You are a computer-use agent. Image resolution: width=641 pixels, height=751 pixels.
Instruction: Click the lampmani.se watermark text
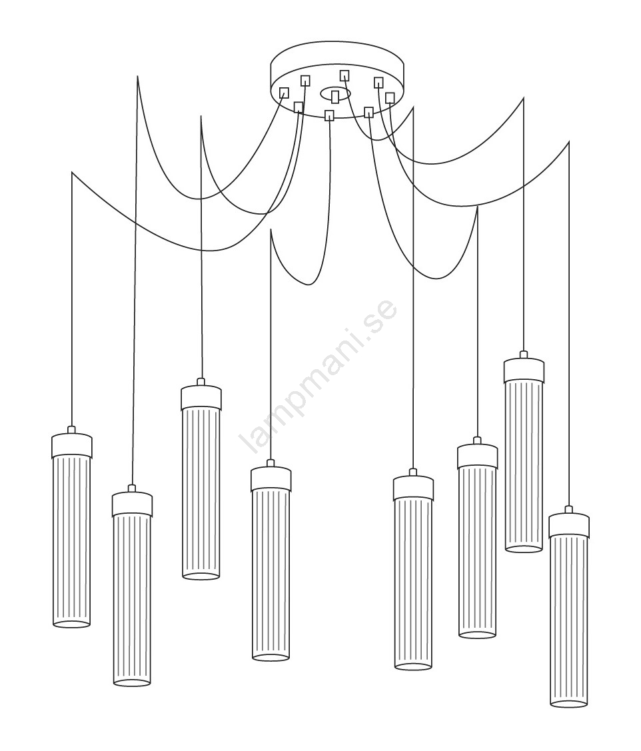318,376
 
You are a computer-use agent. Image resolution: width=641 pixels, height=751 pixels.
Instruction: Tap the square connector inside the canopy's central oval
335,96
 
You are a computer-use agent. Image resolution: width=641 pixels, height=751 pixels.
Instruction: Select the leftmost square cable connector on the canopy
284,93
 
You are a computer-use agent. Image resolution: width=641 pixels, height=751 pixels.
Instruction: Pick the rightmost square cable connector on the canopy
390,98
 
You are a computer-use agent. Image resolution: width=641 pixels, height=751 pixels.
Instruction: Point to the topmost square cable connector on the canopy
344,75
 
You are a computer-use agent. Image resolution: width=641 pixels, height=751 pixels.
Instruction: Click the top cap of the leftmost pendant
71,444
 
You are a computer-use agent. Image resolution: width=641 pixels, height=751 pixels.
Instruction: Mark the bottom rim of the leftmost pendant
71,624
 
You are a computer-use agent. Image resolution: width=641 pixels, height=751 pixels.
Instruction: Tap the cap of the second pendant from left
132,503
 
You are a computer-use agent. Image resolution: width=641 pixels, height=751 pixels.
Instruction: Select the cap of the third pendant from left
201,397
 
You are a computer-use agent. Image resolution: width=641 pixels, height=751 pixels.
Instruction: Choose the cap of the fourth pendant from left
271,478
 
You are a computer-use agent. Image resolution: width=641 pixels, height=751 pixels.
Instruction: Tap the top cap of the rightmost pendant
568,524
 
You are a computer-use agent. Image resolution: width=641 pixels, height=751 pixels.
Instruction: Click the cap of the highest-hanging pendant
524,369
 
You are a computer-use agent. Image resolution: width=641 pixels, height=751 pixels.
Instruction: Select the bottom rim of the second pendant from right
524,548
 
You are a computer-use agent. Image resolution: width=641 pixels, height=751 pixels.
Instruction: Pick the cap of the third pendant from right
477,455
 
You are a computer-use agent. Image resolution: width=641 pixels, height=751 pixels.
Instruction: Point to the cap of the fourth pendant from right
413,487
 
